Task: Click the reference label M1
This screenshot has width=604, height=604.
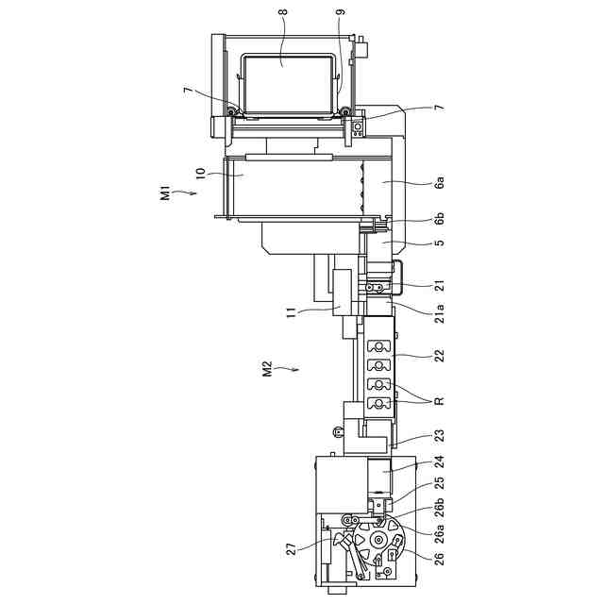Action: click(x=165, y=193)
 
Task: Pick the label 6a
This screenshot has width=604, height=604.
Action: click(x=439, y=181)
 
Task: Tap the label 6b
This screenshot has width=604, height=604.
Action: click(x=439, y=218)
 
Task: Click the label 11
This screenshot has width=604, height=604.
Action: click(x=292, y=311)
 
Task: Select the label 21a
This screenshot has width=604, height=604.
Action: click(x=439, y=313)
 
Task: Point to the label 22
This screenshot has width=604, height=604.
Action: click(x=439, y=355)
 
